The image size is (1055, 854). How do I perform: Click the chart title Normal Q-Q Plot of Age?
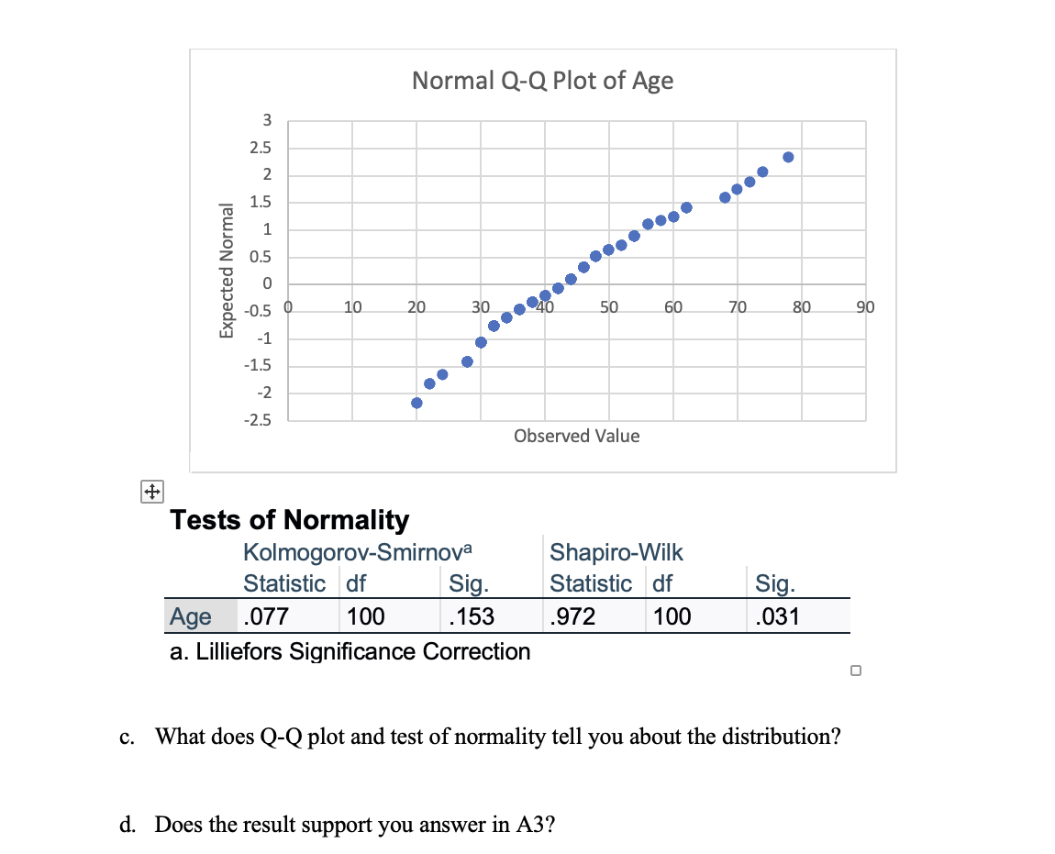coord(542,81)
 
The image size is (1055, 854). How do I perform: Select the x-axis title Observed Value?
coord(576,436)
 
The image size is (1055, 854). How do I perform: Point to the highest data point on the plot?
coord(787,157)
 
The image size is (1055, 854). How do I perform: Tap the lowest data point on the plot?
coord(416,403)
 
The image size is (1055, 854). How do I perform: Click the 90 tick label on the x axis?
coord(864,306)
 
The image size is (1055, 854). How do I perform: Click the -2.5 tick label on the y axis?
coord(260,421)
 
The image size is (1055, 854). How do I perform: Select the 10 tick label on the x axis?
coord(352,306)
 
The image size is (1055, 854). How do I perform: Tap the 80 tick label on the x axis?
coord(800,306)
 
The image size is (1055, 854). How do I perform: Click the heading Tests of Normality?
coord(290,520)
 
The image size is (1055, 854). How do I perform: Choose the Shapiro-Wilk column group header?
coord(616,552)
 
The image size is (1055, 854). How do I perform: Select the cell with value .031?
coord(777,616)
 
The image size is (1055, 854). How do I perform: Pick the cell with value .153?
coord(472,616)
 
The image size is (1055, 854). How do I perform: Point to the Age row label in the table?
coord(191,616)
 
